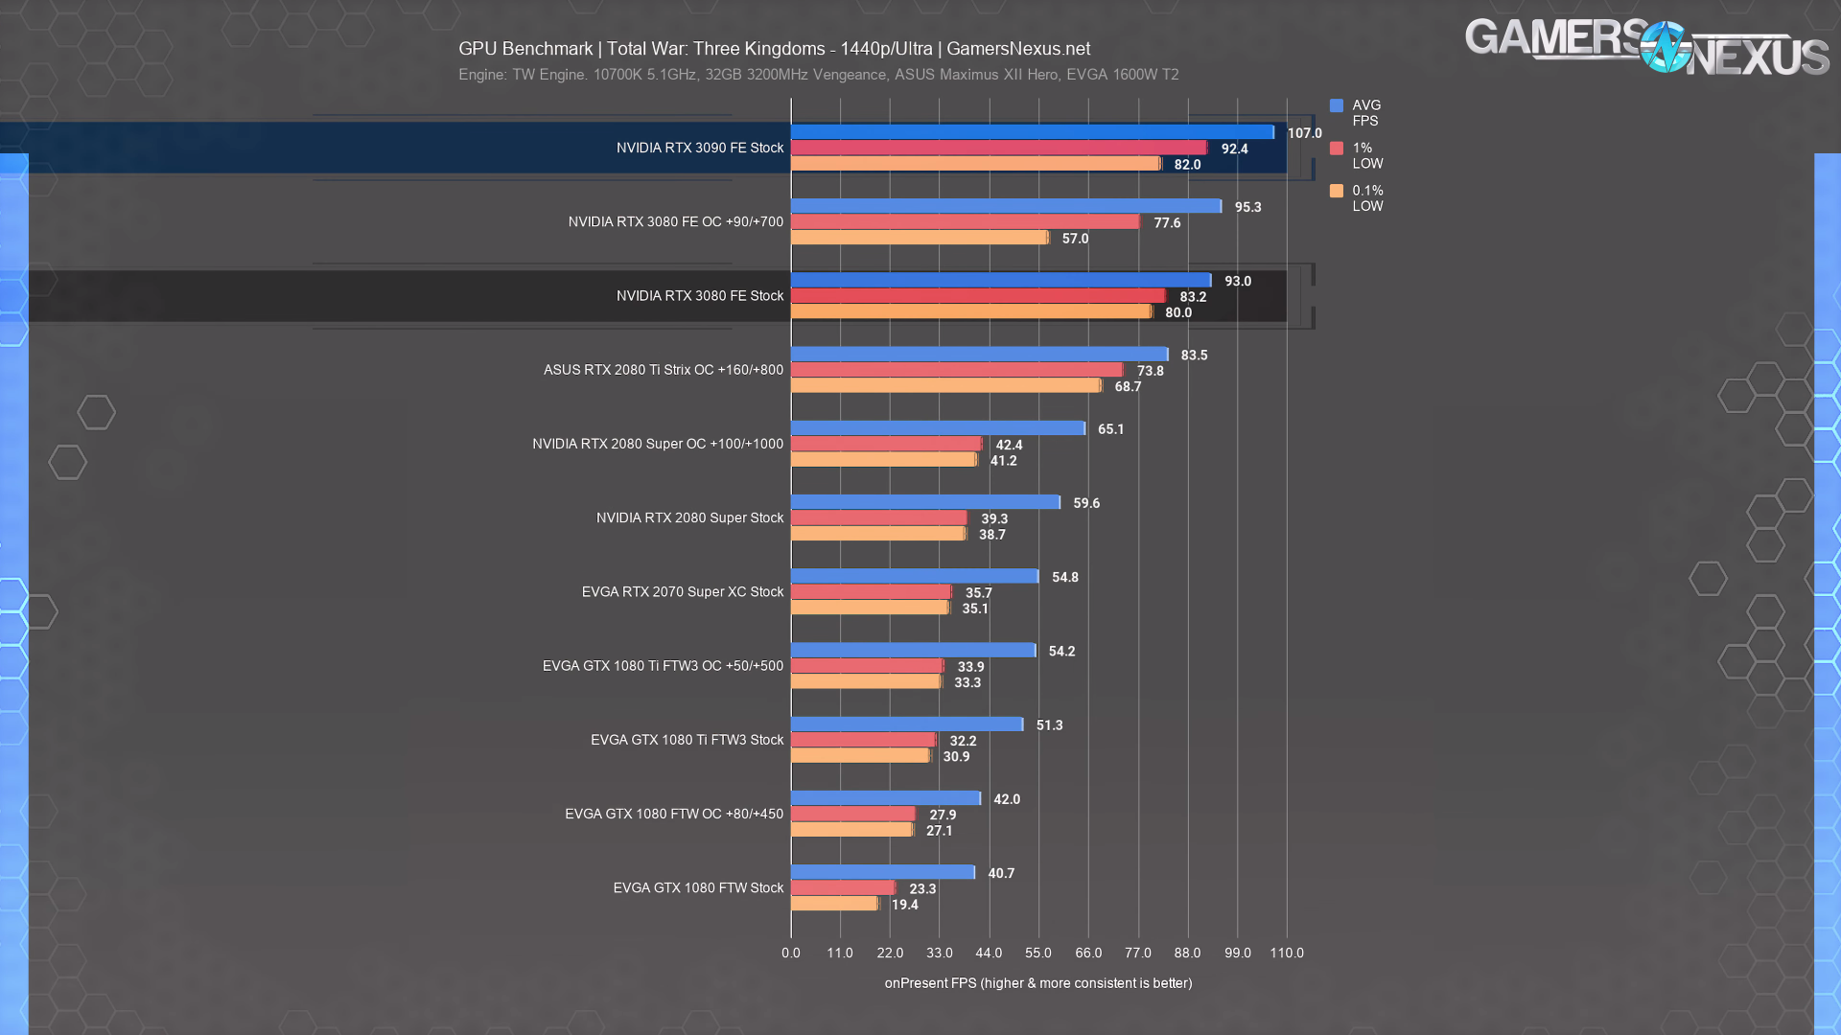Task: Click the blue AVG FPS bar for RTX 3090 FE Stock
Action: coord(1032,132)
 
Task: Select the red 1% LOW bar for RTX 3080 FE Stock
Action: coord(978,296)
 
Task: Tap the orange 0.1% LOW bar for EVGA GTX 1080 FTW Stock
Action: coord(834,904)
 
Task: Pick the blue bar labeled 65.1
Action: coord(938,428)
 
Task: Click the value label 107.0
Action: coord(1304,133)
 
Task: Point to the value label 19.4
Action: coord(904,905)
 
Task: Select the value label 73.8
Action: coord(1150,371)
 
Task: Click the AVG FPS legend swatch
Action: coord(1337,105)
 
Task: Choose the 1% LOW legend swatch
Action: coord(1337,149)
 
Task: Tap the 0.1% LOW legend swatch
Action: coord(1337,191)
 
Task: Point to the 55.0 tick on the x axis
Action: coord(1038,953)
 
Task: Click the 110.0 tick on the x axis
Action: coord(1287,953)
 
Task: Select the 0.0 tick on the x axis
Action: coord(791,953)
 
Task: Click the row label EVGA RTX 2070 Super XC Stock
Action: coord(683,592)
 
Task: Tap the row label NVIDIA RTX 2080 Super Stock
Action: coord(690,517)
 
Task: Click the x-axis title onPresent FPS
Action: coord(1038,983)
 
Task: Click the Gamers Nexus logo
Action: coord(1646,46)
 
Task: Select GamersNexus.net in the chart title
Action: coord(1018,49)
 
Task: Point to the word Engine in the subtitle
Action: coord(481,75)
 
